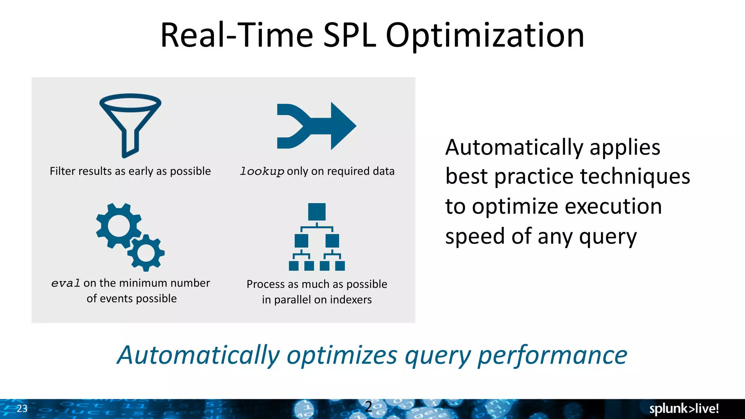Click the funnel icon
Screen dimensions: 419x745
pyautogui.click(x=130, y=124)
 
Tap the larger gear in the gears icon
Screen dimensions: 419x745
pyautogui.click(x=119, y=226)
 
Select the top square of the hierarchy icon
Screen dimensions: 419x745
pyautogui.click(x=316, y=212)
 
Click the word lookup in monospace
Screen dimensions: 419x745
pyautogui.click(x=262, y=171)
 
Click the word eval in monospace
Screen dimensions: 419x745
pyautogui.click(x=65, y=283)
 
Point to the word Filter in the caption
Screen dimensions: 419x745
pyautogui.click(x=62, y=171)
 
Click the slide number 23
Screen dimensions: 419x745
pyautogui.click(x=22, y=408)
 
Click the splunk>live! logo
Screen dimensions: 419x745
pyautogui.click(x=684, y=408)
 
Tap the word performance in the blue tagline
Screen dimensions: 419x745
pyautogui.click(x=552, y=355)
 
